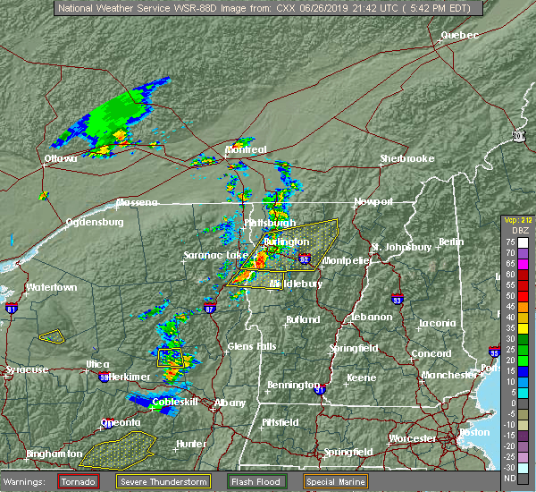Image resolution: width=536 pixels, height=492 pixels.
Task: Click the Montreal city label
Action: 246,149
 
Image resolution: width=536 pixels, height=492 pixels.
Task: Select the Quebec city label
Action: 459,35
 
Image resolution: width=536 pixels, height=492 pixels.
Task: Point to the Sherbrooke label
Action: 406,158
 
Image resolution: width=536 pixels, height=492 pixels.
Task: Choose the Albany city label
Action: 230,403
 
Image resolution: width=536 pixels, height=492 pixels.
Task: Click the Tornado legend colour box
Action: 79,481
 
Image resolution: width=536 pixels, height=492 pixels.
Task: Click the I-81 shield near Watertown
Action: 13,310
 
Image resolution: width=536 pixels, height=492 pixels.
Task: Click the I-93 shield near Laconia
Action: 398,301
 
